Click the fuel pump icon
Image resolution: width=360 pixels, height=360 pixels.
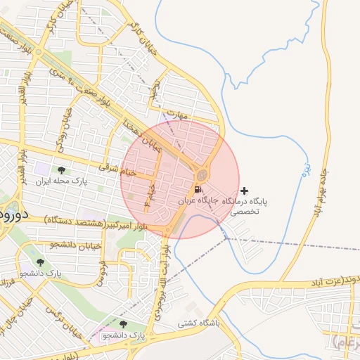coord(198,189)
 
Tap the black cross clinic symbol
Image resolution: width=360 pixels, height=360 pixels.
coord(244,191)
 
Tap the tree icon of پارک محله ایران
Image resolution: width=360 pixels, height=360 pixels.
coord(61,170)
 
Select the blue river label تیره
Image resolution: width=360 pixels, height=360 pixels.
coord(305,169)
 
